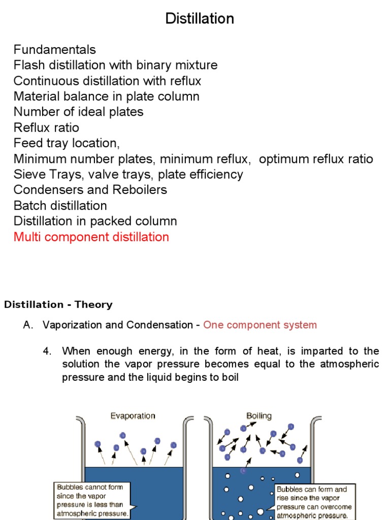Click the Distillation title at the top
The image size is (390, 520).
[x=200, y=19]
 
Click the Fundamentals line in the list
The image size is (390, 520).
[x=54, y=50]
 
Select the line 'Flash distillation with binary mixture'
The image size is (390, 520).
[x=115, y=66]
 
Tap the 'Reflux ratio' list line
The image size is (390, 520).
[x=46, y=127]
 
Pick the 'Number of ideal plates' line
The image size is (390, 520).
[x=78, y=112]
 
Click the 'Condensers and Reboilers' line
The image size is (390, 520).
[x=90, y=190]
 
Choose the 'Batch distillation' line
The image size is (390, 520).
[x=60, y=206]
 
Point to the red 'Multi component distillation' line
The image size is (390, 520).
[x=91, y=237]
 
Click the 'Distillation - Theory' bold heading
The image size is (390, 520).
[x=58, y=305]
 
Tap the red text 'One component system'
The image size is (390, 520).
[x=259, y=325]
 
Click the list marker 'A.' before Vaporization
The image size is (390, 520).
[x=28, y=325]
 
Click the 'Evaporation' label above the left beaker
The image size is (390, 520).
[x=133, y=416]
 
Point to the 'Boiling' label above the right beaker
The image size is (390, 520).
[x=259, y=416]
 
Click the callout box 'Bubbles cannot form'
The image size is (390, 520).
[x=93, y=500]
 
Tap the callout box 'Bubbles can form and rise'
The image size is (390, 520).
[x=314, y=502]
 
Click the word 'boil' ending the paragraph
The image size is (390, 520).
[x=230, y=378]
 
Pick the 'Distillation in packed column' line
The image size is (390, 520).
[x=95, y=221]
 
